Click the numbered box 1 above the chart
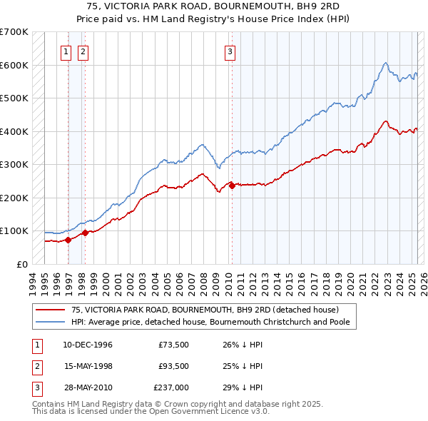tap(66, 51)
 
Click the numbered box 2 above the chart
tap(83, 51)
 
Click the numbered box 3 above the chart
tap(230, 51)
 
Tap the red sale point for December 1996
tap(68, 240)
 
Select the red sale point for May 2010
tap(232, 186)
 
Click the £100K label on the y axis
tap(14, 231)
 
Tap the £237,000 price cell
tap(170, 387)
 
